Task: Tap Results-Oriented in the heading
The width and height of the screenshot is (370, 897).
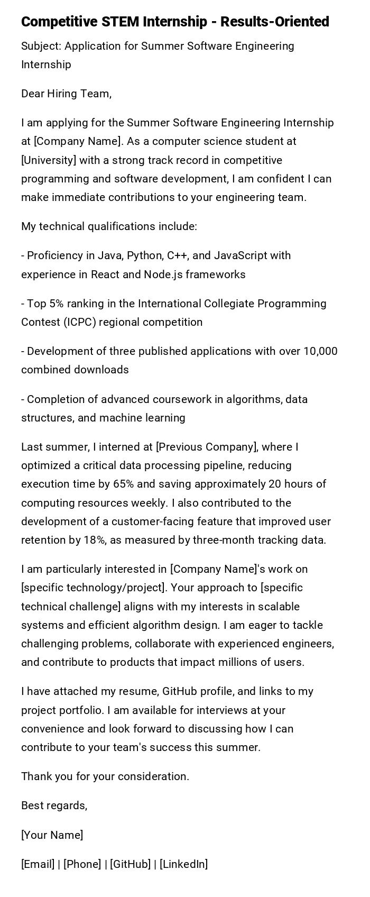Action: [274, 22]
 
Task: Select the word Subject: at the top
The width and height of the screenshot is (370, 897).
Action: [41, 46]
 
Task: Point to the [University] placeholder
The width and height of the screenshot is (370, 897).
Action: [47, 160]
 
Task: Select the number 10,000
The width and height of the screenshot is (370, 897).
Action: [320, 351]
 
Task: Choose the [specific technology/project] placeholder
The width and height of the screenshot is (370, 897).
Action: [93, 588]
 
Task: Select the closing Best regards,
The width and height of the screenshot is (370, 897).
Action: [54, 806]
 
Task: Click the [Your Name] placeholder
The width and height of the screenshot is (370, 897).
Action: [52, 835]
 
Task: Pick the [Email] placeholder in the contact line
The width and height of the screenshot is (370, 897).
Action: [38, 864]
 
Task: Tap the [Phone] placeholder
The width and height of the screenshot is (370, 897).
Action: [82, 864]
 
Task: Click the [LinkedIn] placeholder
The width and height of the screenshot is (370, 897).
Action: [183, 864]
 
